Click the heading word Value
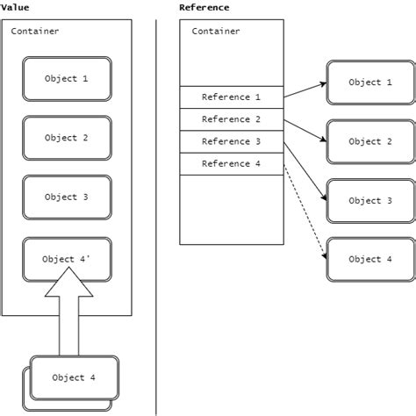(x=14, y=7)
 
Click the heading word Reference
(x=204, y=7)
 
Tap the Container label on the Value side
(x=36, y=32)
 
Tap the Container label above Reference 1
(x=216, y=32)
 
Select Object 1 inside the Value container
(x=67, y=79)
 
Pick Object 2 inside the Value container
(x=67, y=138)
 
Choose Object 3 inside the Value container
(x=67, y=197)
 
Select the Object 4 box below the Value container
(x=74, y=378)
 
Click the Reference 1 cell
(x=232, y=97)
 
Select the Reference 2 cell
(x=232, y=119)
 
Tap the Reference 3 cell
(x=232, y=141)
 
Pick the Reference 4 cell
(x=232, y=163)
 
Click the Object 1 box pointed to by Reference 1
(x=365, y=82)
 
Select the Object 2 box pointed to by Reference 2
(x=365, y=141)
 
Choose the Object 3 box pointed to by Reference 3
(x=365, y=201)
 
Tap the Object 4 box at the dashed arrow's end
(x=365, y=260)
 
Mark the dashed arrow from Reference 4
(x=305, y=211)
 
